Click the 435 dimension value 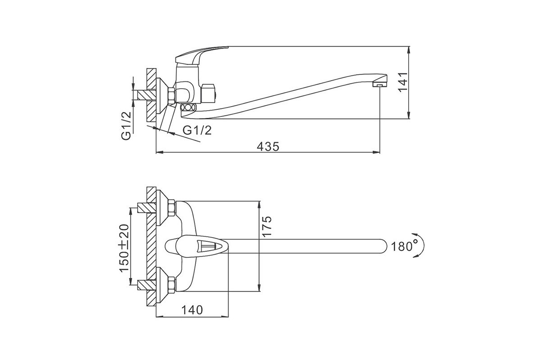(268, 146)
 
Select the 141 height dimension (403, 82)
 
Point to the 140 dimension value (192, 310)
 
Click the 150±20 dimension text (124, 248)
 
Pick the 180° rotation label (402, 247)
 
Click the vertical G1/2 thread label (126, 126)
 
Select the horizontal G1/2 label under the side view (197, 130)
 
